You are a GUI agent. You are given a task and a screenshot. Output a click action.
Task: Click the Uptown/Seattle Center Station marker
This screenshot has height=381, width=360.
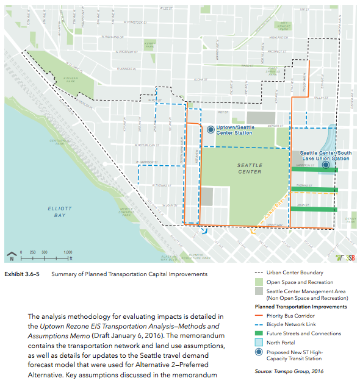(x=211, y=129)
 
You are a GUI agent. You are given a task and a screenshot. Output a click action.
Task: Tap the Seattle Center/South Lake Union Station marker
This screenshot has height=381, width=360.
(x=326, y=165)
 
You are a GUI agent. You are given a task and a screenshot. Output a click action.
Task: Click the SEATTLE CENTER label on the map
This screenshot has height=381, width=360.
(x=250, y=168)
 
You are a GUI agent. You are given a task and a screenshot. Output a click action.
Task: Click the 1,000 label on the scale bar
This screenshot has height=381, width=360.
(x=68, y=252)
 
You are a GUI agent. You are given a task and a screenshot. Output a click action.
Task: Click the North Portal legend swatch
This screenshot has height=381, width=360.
(x=257, y=343)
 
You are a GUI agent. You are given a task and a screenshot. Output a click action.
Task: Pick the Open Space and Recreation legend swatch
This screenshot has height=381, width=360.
(x=257, y=282)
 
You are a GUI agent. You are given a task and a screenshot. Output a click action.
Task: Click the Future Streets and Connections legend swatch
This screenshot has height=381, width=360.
(x=257, y=333)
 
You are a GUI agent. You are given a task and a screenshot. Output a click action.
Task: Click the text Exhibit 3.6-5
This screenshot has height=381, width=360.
(x=23, y=274)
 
